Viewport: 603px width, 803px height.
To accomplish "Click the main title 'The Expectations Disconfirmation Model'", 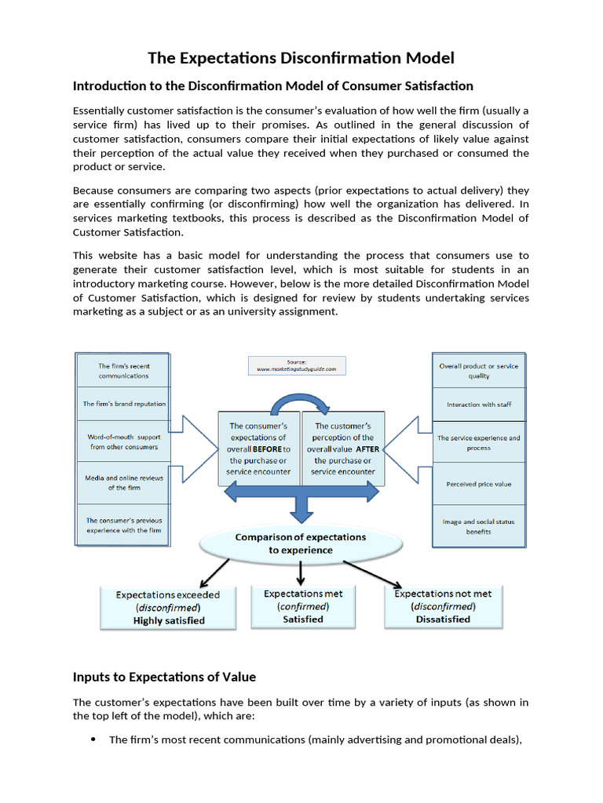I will click(301, 58).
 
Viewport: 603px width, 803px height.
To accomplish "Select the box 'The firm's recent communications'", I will click(123, 370).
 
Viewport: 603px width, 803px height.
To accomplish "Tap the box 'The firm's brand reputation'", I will click(124, 404).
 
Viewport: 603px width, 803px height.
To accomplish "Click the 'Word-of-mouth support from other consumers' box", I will click(123, 441).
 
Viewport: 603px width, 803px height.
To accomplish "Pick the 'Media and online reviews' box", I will click(123, 482).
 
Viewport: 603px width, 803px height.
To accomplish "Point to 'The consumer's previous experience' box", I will click(123, 525).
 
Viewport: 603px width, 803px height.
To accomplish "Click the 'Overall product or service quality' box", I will click(478, 370).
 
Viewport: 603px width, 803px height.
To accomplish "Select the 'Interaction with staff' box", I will click(478, 405).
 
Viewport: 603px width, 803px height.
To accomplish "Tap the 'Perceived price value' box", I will click(478, 484).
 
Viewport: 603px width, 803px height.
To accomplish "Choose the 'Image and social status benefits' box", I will click(478, 526).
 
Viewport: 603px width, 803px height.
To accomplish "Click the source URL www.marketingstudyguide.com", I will click(297, 369).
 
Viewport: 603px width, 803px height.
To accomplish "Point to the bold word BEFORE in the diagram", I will click(267, 449).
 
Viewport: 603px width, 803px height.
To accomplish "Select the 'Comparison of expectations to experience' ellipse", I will click(301, 543).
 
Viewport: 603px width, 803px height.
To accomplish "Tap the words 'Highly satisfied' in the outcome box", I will click(168, 620).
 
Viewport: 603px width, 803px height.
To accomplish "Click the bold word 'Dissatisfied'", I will click(443, 619).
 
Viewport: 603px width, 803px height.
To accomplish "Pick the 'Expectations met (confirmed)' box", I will click(302, 606).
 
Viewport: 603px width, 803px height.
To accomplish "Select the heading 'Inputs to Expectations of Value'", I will click(164, 677).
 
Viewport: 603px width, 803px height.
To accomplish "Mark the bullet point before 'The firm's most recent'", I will click(93, 739).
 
